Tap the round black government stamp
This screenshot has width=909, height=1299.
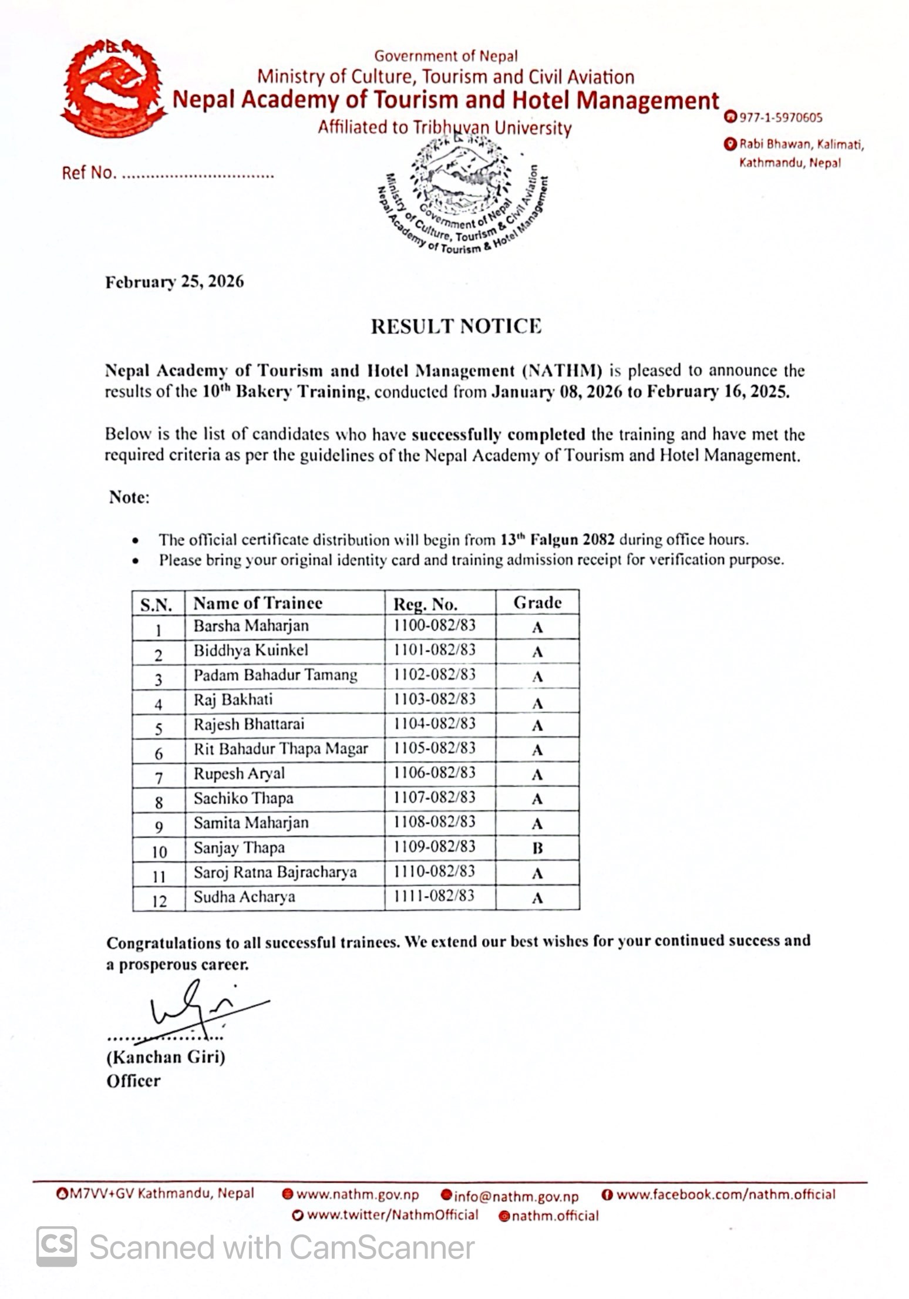(x=464, y=194)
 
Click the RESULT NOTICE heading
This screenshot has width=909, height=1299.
(x=456, y=327)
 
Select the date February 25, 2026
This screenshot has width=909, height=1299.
(x=174, y=282)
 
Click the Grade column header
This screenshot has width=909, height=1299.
(x=537, y=603)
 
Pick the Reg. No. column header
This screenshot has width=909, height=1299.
(x=425, y=604)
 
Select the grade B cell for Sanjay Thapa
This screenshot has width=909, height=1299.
(x=537, y=848)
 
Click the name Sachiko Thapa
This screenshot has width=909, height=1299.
(x=244, y=799)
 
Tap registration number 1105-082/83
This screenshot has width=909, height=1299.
(x=435, y=749)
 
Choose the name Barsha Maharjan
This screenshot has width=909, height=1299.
(x=251, y=626)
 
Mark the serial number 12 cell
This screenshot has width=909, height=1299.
(x=159, y=901)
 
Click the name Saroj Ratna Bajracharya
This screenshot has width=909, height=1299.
(x=275, y=873)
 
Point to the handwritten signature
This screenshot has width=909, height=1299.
(x=194, y=1010)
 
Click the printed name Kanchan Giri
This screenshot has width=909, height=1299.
(x=166, y=1057)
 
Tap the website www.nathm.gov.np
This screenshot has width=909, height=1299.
(x=358, y=1194)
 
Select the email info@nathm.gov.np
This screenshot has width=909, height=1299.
(x=516, y=1196)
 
